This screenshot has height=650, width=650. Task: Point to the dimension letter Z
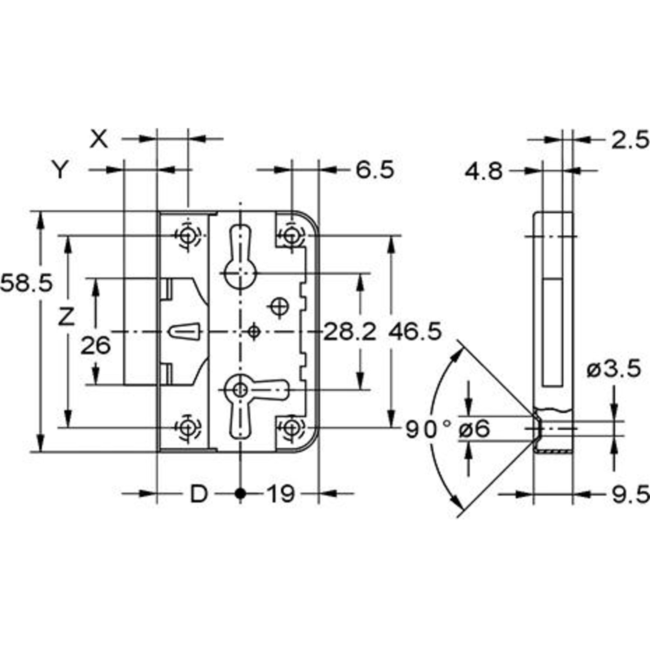pyautogui.click(x=66, y=317)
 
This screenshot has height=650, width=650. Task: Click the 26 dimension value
pyautogui.click(x=96, y=346)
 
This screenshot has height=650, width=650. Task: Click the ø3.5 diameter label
pyautogui.click(x=614, y=368)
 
